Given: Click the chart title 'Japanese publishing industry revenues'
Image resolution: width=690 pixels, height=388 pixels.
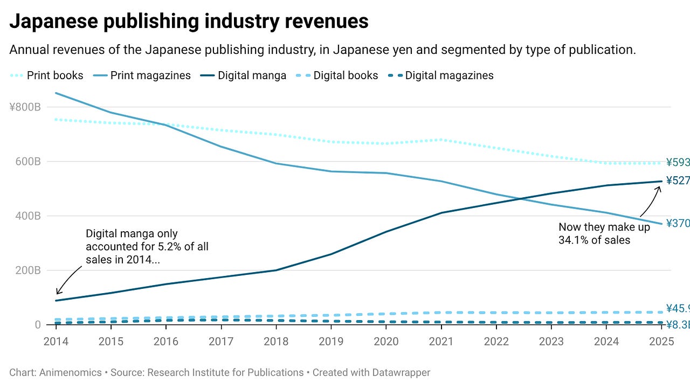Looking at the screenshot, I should tap(189, 22).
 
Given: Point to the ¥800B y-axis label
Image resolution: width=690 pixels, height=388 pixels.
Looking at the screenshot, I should tap(25, 107).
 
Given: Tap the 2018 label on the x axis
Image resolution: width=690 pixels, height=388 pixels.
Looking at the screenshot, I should tap(276, 341).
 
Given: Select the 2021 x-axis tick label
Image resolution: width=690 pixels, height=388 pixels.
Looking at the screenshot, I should tap(441, 341).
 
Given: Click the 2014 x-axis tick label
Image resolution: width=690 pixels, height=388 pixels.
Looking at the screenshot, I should tap(56, 341).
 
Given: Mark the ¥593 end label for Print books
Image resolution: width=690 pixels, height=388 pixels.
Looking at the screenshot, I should tap(678, 162).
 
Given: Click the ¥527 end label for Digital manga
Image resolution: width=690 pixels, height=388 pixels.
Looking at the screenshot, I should tap(678, 181).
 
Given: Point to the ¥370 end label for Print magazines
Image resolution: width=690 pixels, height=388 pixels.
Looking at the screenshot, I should tap(678, 223).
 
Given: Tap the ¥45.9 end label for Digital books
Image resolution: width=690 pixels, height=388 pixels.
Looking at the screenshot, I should tap(678, 309).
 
